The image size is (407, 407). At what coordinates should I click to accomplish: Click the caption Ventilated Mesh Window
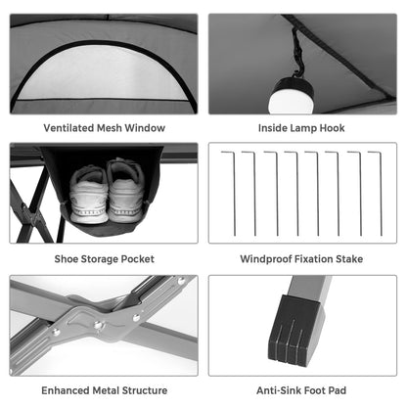(104, 128)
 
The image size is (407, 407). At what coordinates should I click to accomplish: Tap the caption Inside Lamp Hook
(301, 128)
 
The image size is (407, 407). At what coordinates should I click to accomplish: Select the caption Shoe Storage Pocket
(104, 259)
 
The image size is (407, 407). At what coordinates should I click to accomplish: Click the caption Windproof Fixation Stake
(301, 259)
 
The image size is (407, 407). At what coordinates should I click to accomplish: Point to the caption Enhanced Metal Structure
(104, 390)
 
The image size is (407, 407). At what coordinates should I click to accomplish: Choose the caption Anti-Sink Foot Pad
(301, 390)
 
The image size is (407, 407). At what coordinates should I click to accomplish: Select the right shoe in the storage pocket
(126, 190)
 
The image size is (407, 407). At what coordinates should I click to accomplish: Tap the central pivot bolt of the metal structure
(97, 322)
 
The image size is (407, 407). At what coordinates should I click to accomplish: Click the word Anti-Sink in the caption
(277, 390)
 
